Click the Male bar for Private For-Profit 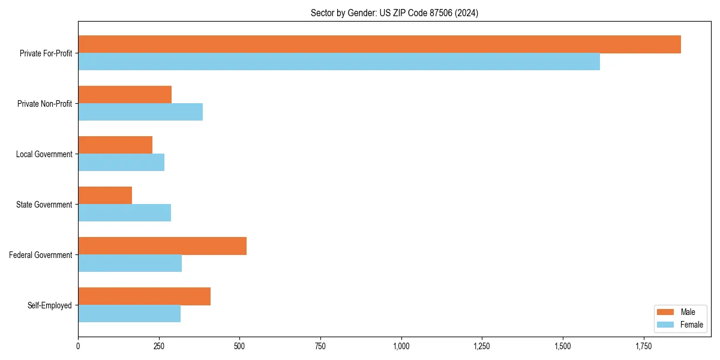(x=379, y=44)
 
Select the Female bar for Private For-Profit (x=339, y=62)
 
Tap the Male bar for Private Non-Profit (x=125, y=95)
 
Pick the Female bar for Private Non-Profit (x=140, y=112)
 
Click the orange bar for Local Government (x=115, y=145)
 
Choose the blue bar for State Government (x=124, y=213)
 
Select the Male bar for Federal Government (x=162, y=246)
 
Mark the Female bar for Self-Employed (x=129, y=314)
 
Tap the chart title (x=394, y=13)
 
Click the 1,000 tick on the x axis (x=401, y=346)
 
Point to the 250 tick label (x=158, y=346)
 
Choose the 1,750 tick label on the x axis (x=643, y=346)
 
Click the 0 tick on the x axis (x=78, y=346)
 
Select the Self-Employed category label (x=49, y=305)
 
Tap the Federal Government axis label (x=40, y=255)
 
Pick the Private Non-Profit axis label (x=44, y=104)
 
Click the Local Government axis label (x=44, y=154)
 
